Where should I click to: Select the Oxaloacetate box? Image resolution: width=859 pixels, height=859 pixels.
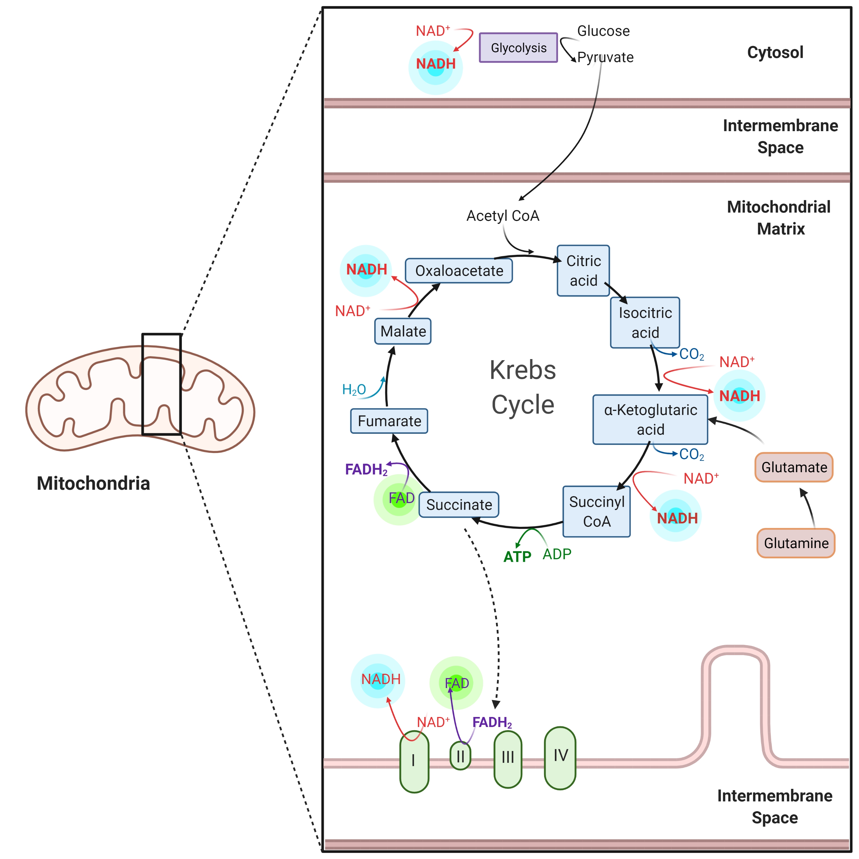459,271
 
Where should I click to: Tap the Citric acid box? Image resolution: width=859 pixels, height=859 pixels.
583,271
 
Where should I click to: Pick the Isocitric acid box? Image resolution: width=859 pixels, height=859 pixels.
645,323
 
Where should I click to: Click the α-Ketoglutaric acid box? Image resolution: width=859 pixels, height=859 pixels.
650,419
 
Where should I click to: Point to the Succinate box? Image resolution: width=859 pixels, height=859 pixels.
459,505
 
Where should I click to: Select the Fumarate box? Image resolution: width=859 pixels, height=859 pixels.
389,421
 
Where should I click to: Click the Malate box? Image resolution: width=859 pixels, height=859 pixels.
403,331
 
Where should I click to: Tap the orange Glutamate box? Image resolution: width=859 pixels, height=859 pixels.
794,467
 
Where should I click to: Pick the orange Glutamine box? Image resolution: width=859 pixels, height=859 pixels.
796,543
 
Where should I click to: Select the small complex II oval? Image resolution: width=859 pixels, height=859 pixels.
460,756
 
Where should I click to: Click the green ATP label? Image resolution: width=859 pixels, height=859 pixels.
517,557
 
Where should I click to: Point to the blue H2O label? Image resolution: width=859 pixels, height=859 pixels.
354,390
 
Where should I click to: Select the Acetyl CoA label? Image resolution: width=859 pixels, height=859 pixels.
503,216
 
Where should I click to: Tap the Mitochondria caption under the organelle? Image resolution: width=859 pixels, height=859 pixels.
93,483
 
